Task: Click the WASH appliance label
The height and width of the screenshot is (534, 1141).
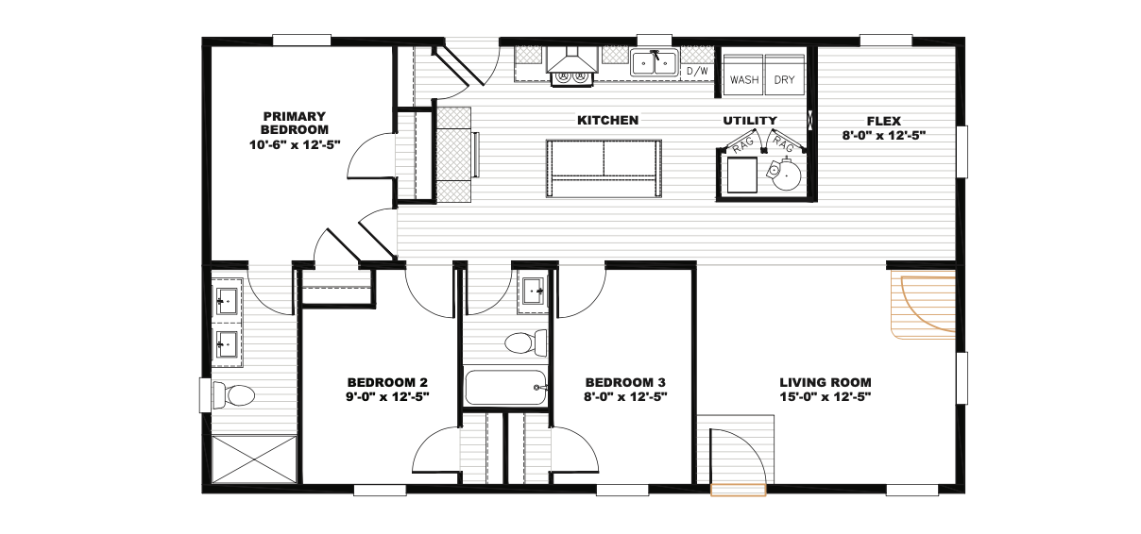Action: (x=744, y=80)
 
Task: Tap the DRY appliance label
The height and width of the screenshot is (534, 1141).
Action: (x=784, y=80)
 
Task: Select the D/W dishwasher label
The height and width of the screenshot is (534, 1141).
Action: (x=697, y=71)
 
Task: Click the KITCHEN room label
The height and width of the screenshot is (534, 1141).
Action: (x=607, y=121)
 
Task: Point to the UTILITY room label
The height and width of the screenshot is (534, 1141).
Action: (x=750, y=121)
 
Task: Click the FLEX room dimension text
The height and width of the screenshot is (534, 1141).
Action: (x=884, y=135)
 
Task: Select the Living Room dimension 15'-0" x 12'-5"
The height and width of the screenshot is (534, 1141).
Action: (x=826, y=396)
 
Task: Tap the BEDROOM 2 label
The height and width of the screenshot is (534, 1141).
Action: (x=387, y=382)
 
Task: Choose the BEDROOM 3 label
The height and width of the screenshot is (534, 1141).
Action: (x=625, y=382)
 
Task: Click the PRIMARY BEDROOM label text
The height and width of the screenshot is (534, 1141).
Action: (x=295, y=123)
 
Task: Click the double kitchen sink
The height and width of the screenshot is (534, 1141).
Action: (x=655, y=63)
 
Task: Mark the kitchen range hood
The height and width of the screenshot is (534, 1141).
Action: (x=572, y=61)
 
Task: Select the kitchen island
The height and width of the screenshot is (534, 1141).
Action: (x=604, y=168)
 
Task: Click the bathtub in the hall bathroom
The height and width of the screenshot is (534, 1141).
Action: (x=506, y=387)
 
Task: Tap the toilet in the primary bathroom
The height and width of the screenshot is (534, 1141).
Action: (x=234, y=395)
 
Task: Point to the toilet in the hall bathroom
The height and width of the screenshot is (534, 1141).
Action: (x=526, y=342)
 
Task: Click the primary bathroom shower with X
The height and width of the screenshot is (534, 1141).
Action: (x=254, y=459)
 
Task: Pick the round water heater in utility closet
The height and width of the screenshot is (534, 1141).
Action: (x=785, y=173)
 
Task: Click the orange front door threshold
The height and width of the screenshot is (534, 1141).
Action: (x=738, y=490)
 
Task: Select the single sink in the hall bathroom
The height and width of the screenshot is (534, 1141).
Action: (x=534, y=292)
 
